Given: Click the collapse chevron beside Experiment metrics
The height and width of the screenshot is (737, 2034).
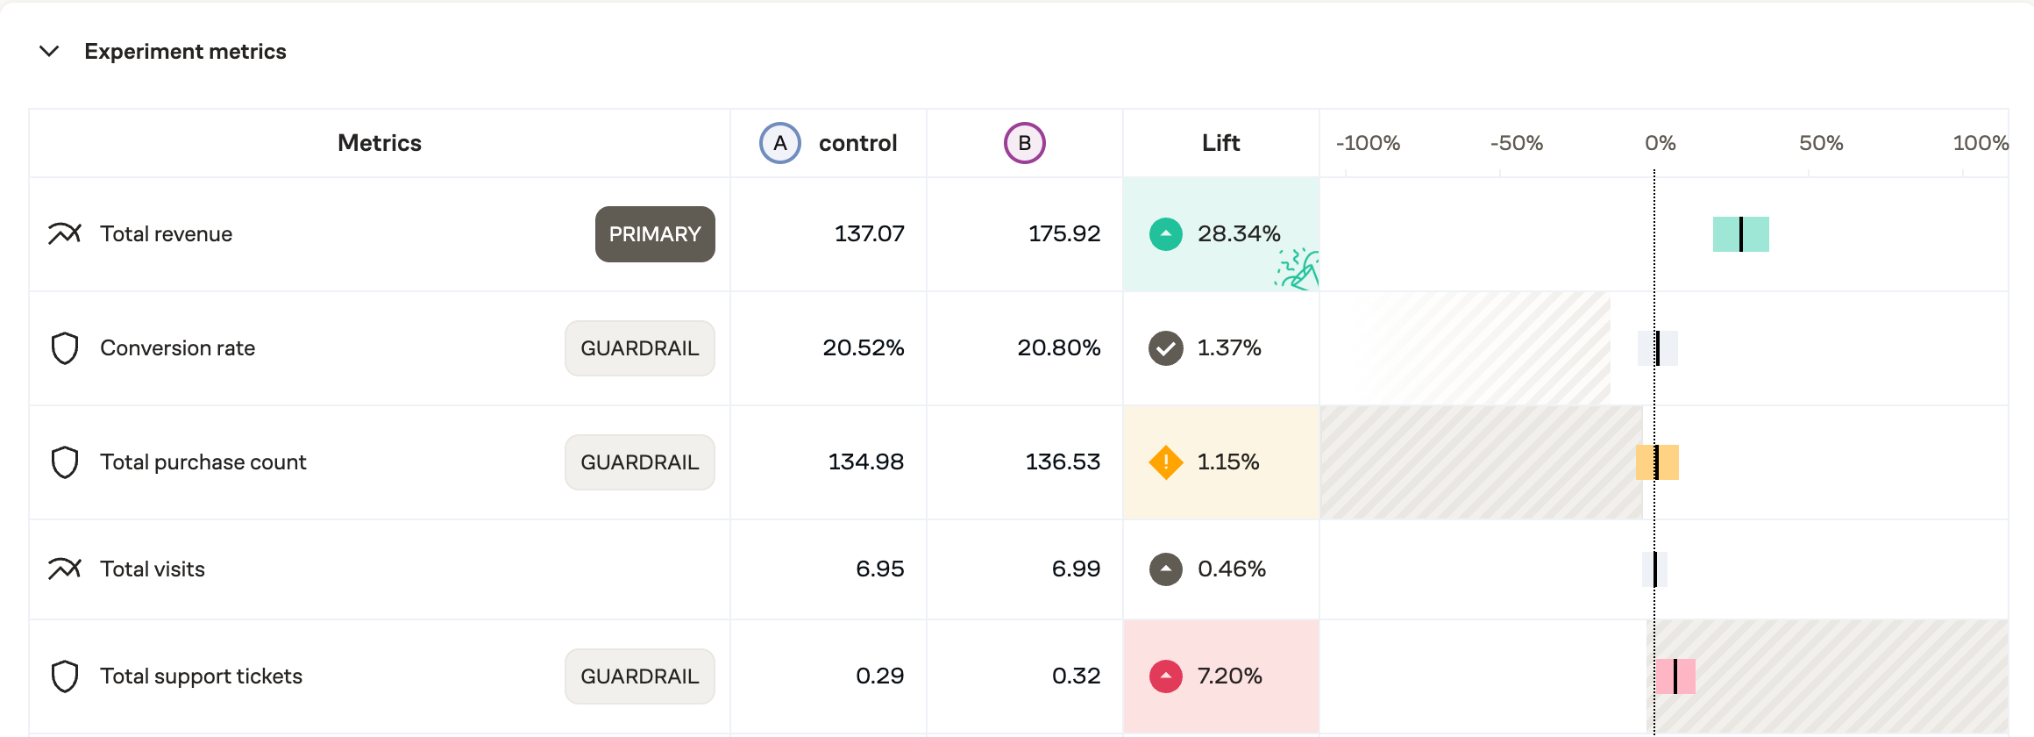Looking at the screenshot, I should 49,52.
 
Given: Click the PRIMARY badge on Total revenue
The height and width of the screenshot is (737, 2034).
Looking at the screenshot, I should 655,234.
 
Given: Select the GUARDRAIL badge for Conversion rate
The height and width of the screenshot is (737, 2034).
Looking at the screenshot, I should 639,348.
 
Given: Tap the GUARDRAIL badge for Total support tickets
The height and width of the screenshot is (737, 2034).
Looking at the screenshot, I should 639,676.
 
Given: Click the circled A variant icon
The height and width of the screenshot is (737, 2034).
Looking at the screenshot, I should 779,143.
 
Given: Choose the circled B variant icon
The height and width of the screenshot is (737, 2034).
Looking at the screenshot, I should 1024,143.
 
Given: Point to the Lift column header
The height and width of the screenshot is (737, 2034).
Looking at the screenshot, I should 1220,143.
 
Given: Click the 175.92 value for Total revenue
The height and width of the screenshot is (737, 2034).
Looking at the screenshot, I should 1063,234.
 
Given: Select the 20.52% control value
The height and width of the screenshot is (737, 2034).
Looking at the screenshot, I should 863,348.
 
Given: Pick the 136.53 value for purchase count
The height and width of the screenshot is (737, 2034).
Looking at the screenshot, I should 1063,462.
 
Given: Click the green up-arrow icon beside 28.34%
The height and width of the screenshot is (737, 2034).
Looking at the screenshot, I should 1165,234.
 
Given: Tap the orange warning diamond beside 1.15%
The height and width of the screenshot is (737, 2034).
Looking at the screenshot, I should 1165,462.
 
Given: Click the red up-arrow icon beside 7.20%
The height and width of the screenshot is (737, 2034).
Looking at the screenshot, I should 1165,676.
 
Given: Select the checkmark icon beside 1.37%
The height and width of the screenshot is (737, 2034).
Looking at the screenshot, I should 1165,348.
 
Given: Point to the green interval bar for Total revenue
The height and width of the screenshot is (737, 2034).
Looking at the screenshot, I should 1740,234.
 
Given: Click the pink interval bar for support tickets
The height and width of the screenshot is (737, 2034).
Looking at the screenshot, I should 1675,676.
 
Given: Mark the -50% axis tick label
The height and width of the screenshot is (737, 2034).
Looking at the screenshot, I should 1516,143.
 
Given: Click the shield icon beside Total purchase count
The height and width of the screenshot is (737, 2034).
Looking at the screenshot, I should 65,462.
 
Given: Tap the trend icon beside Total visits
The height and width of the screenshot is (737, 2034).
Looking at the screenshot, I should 65,569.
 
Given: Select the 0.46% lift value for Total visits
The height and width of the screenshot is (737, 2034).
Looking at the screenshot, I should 1231,569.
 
